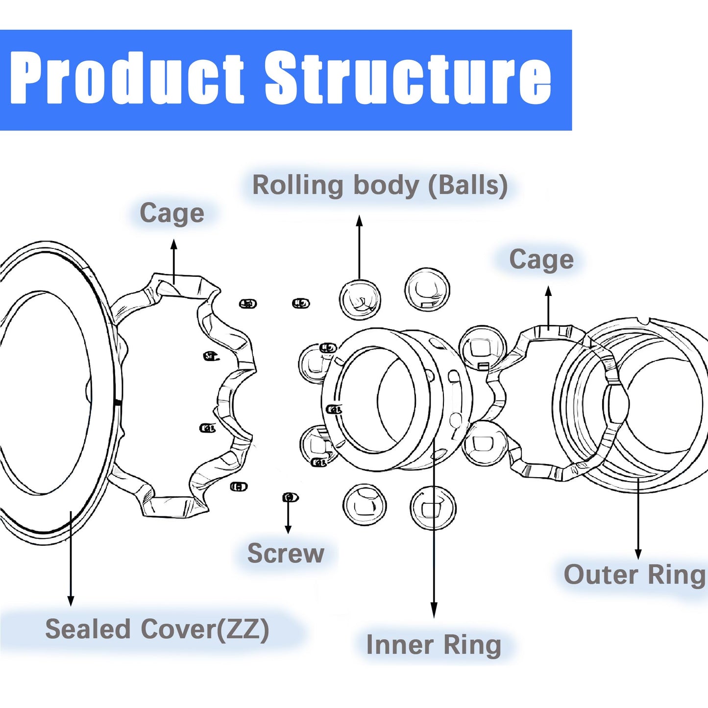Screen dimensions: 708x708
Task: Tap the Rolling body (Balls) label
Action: pos(380,186)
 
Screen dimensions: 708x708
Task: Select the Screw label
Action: pos(286,553)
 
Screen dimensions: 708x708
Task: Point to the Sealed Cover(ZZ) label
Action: pos(157,629)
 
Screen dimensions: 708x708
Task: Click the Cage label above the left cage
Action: pos(172,214)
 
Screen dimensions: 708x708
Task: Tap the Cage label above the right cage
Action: pos(541,260)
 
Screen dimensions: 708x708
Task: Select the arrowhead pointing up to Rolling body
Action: pos(359,220)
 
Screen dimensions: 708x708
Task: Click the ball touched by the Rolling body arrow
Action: pos(360,300)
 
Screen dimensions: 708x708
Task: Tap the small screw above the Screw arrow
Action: pos(290,497)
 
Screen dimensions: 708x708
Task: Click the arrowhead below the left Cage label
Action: pos(174,244)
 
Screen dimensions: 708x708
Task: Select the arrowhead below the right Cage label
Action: pos(548,292)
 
